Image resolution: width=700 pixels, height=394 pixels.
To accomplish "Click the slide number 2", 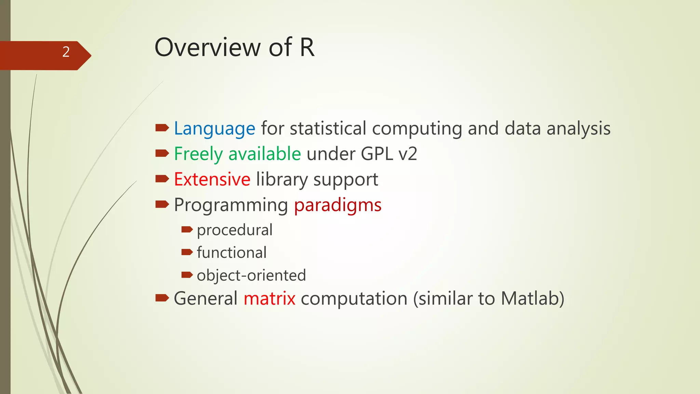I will click(66, 52).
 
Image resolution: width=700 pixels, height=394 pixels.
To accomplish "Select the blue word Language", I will click(214, 129).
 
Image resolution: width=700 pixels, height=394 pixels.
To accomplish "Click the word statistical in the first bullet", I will click(328, 129).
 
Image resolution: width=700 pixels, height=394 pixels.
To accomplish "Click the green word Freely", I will click(198, 154).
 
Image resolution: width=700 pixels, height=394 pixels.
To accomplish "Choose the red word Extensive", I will click(212, 180).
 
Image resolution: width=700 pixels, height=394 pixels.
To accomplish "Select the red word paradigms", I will click(338, 205).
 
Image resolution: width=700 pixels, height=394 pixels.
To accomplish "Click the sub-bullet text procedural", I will click(234, 230).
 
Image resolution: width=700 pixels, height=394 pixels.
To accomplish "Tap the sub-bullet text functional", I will click(231, 253).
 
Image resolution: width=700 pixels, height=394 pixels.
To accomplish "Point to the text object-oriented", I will click(251, 275).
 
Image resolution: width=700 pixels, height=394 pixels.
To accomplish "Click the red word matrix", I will click(269, 299).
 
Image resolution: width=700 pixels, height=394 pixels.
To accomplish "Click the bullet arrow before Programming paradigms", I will click(162, 205).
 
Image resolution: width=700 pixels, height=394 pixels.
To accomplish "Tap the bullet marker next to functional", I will click(187, 252).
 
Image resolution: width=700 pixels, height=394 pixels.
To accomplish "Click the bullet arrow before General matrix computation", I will click(162, 298).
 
